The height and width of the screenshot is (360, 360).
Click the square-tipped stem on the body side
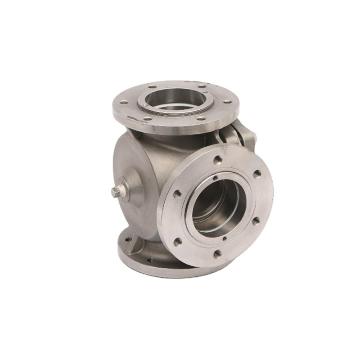click(x=116, y=192)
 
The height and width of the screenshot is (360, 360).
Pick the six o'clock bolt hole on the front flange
click(x=217, y=254)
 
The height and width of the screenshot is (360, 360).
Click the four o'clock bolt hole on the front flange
click(x=256, y=221)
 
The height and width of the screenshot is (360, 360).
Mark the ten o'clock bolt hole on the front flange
click(x=178, y=193)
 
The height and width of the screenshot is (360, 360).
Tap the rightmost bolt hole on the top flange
click(x=227, y=102)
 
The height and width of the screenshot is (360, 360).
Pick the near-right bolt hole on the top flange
click(x=201, y=118)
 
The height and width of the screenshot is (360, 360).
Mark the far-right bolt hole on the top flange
click(x=201, y=85)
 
